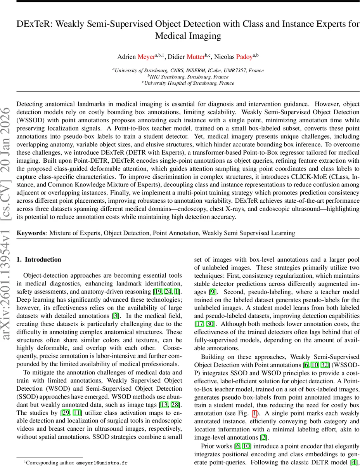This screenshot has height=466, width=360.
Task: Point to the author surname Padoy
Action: click(x=244, y=57)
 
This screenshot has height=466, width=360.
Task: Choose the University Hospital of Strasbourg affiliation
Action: click(x=188, y=83)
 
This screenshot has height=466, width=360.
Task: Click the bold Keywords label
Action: click(x=30, y=233)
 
